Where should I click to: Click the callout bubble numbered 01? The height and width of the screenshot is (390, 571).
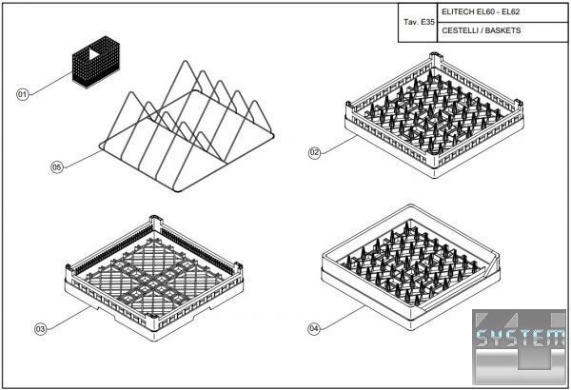[x=23, y=95]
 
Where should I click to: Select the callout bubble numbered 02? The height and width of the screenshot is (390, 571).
[x=314, y=152]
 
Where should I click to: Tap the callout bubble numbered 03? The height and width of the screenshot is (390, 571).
[x=40, y=329]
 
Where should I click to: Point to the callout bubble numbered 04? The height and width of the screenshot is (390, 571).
[x=314, y=329]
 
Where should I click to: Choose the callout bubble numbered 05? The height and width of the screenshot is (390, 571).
[x=56, y=167]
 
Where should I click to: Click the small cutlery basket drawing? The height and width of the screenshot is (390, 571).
[x=96, y=62]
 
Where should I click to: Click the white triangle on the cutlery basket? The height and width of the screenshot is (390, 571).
[x=94, y=54]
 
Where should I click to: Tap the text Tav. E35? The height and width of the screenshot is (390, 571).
[x=419, y=22]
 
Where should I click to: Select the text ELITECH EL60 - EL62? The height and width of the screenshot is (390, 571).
[x=481, y=11]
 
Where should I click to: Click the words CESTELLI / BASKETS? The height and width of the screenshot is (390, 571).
[x=481, y=30]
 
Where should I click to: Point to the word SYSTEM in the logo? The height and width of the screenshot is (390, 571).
[x=522, y=338]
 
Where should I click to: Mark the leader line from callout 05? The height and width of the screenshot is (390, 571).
[x=83, y=159]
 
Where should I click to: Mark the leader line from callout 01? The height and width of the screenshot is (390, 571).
[x=51, y=84]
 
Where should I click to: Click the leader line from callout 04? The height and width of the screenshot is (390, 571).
[x=343, y=317]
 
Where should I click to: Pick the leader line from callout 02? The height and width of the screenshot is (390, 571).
[x=338, y=145]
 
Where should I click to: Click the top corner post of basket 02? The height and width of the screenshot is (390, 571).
[x=435, y=58]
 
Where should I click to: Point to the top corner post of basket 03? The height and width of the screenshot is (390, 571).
[x=155, y=221]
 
